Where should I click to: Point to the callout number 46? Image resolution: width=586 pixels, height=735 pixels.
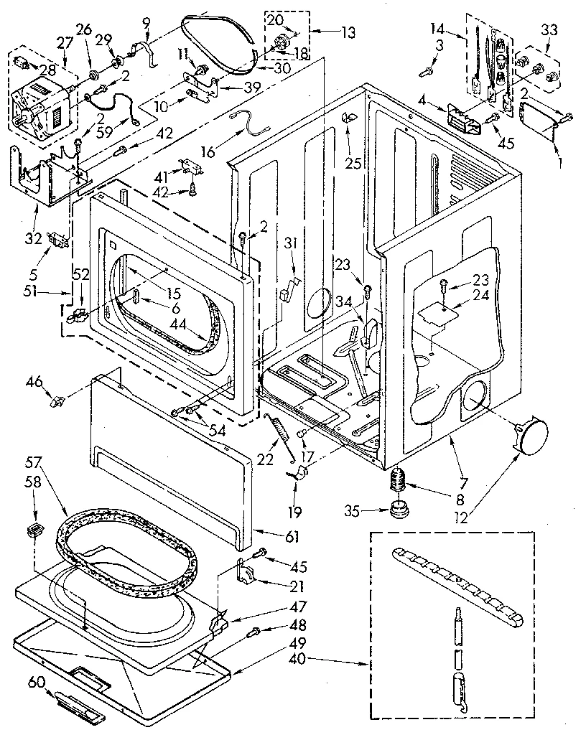tap(33, 381)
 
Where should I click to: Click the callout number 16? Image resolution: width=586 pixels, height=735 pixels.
tap(208, 152)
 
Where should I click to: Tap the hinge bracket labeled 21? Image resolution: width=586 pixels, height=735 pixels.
tap(248, 571)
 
